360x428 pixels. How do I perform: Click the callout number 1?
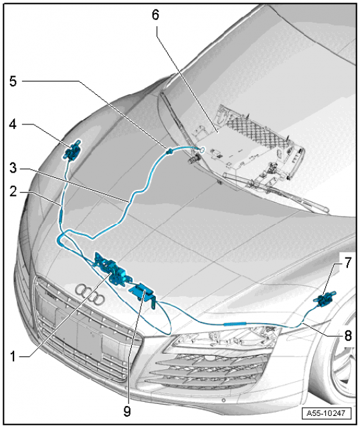coord(13,356)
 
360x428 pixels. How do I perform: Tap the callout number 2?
coord(13,192)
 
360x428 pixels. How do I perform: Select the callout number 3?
coord(13,168)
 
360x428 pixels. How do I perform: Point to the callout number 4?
coord(13,124)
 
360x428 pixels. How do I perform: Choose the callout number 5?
coord(13,81)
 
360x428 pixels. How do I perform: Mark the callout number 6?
coord(155,15)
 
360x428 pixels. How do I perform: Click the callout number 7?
coord(347,263)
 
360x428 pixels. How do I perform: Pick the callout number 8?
coord(348,336)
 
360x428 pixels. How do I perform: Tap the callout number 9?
coord(127,411)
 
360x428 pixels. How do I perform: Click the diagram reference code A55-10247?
coord(326,413)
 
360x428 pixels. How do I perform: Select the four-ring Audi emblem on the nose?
coord(90,294)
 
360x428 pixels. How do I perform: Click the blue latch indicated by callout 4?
coord(72,150)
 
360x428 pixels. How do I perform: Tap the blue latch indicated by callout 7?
coord(325,300)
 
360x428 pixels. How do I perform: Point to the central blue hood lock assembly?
coord(112,270)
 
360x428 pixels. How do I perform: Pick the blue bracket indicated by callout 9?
coord(143,295)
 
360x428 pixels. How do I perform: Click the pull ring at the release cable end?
coord(203,149)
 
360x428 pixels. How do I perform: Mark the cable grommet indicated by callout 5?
coord(169,150)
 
